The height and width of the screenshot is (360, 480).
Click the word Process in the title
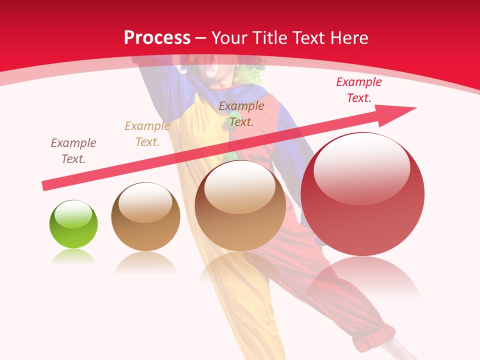click(x=157, y=38)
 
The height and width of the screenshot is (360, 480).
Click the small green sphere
click(x=73, y=224)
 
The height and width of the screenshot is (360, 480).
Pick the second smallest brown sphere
click(x=145, y=217)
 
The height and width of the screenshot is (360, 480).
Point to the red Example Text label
click(x=358, y=90)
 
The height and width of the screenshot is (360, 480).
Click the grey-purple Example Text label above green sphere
click(x=73, y=151)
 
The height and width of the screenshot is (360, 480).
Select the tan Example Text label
click(x=147, y=134)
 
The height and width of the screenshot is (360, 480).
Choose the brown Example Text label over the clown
click(x=241, y=114)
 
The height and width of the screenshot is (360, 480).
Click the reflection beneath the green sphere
click(x=73, y=256)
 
